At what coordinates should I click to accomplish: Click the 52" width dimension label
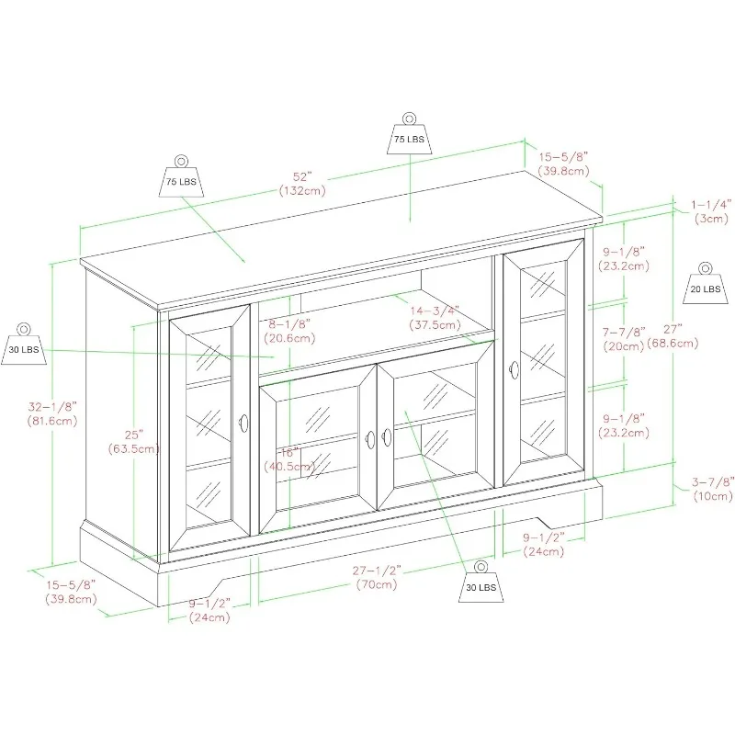302,175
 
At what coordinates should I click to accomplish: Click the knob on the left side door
244,423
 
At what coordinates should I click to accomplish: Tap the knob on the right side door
513,369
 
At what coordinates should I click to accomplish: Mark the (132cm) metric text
302,190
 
